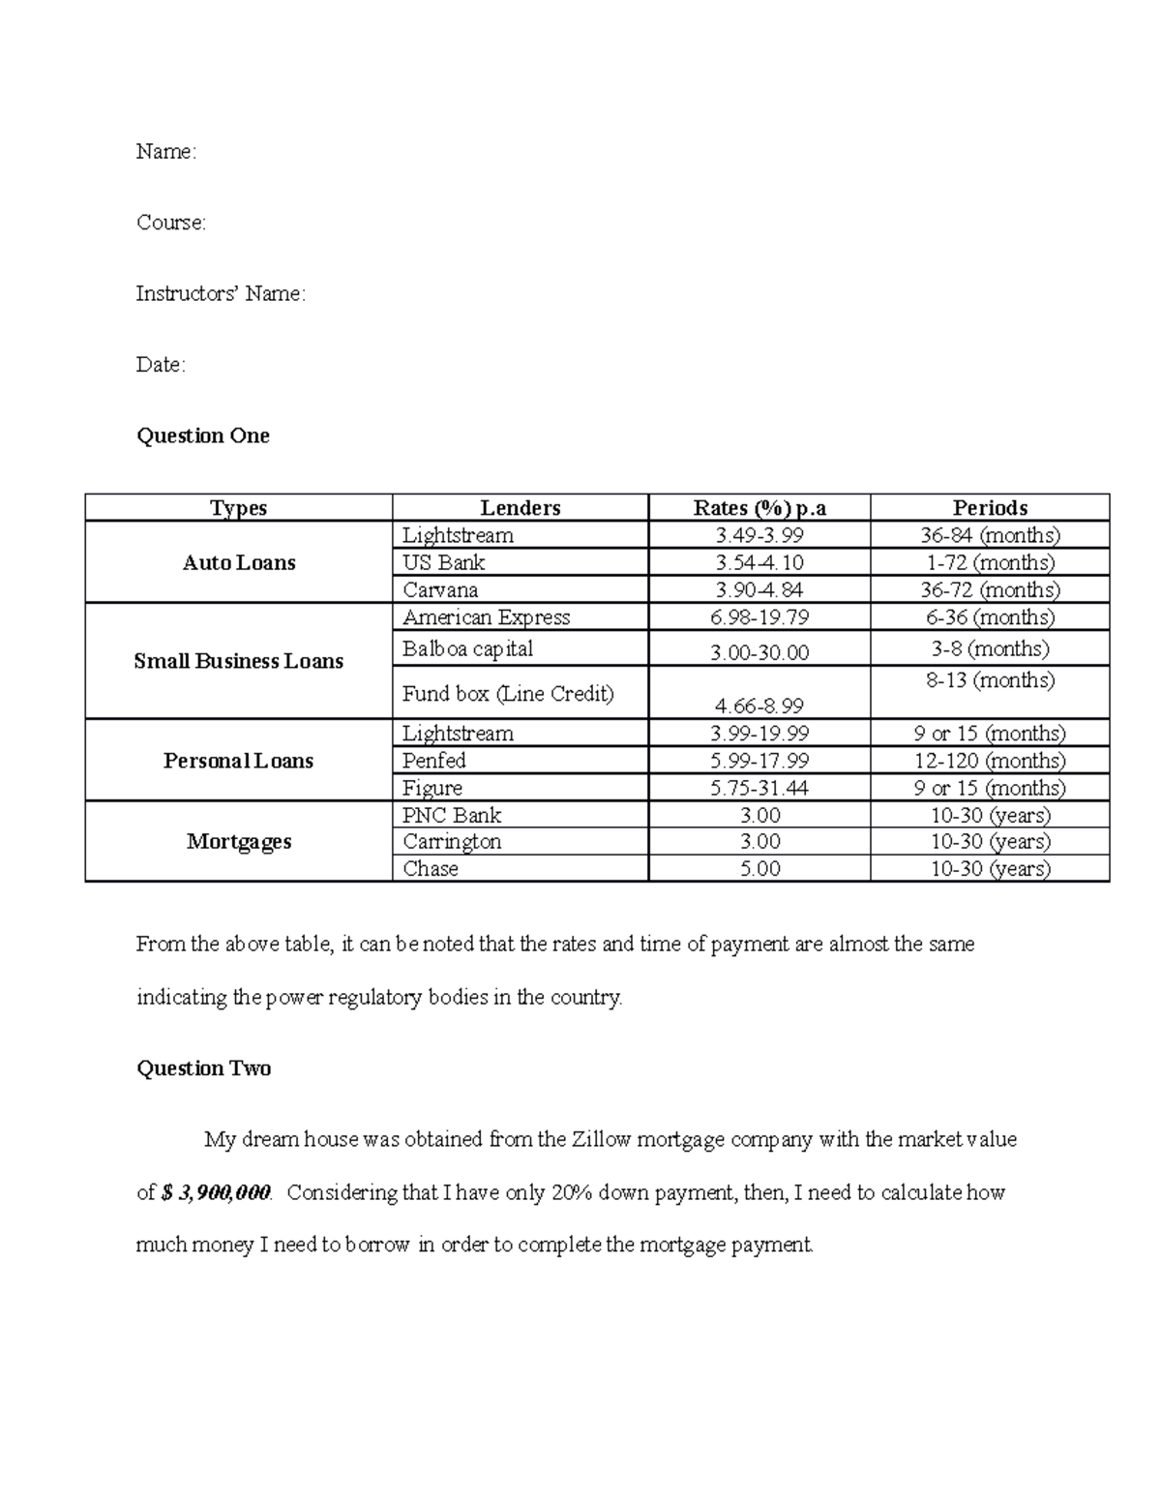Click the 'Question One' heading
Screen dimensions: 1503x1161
click(x=203, y=436)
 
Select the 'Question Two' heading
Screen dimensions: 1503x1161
click(x=203, y=1068)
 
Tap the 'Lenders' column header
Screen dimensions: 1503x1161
click(x=521, y=508)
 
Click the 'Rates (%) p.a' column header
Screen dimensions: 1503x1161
click(x=759, y=508)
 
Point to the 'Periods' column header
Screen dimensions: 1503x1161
click(x=990, y=508)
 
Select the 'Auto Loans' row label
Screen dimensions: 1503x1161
click(x=239, y=562)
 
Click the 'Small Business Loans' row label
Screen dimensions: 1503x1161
click(x=239, y=661)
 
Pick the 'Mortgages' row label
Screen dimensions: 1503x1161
click(x=239, y=841)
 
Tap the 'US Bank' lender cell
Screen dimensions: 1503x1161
click(x=444, y=562)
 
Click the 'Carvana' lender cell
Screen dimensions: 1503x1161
click(x=440, y=589)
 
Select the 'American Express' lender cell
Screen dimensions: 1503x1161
click(x=486, y=617)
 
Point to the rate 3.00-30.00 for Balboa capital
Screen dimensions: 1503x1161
click(x=759, y=653)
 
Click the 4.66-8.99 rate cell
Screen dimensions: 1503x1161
click(x=759, y=706)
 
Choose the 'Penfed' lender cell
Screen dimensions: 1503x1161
click(x=434, y=761)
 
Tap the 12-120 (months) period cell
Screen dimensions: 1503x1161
click(x=990, y=761)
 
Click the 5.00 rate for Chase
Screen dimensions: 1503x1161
click(x=759, y=869)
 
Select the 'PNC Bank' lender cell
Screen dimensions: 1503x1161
click(x=452, y=815)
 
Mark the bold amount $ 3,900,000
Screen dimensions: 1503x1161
click(x=216, y=1192)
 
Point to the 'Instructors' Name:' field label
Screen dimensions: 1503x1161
click(x=221, y=294)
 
